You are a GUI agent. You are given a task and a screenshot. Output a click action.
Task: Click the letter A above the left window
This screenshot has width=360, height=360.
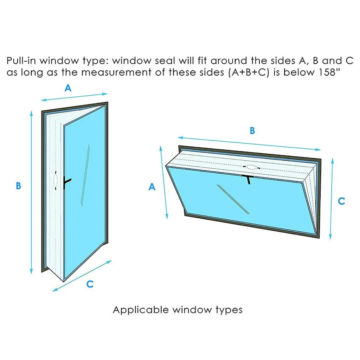click(x=68, y=88)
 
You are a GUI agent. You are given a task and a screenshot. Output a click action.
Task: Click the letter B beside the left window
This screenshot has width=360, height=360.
click(x=18, y=186)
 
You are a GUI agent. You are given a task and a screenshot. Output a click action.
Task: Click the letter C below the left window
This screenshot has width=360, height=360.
click(x=90, y=284)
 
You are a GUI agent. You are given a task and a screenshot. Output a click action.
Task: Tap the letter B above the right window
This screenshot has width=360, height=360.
click(x=252, y=131)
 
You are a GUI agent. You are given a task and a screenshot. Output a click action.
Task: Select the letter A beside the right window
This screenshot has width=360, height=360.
click(x=152, y=187)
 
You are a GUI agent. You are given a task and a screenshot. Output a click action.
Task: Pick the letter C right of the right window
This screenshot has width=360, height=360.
click(x=341, y=201)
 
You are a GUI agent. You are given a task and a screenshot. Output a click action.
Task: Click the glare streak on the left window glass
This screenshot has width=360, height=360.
click(x=85, y=176)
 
